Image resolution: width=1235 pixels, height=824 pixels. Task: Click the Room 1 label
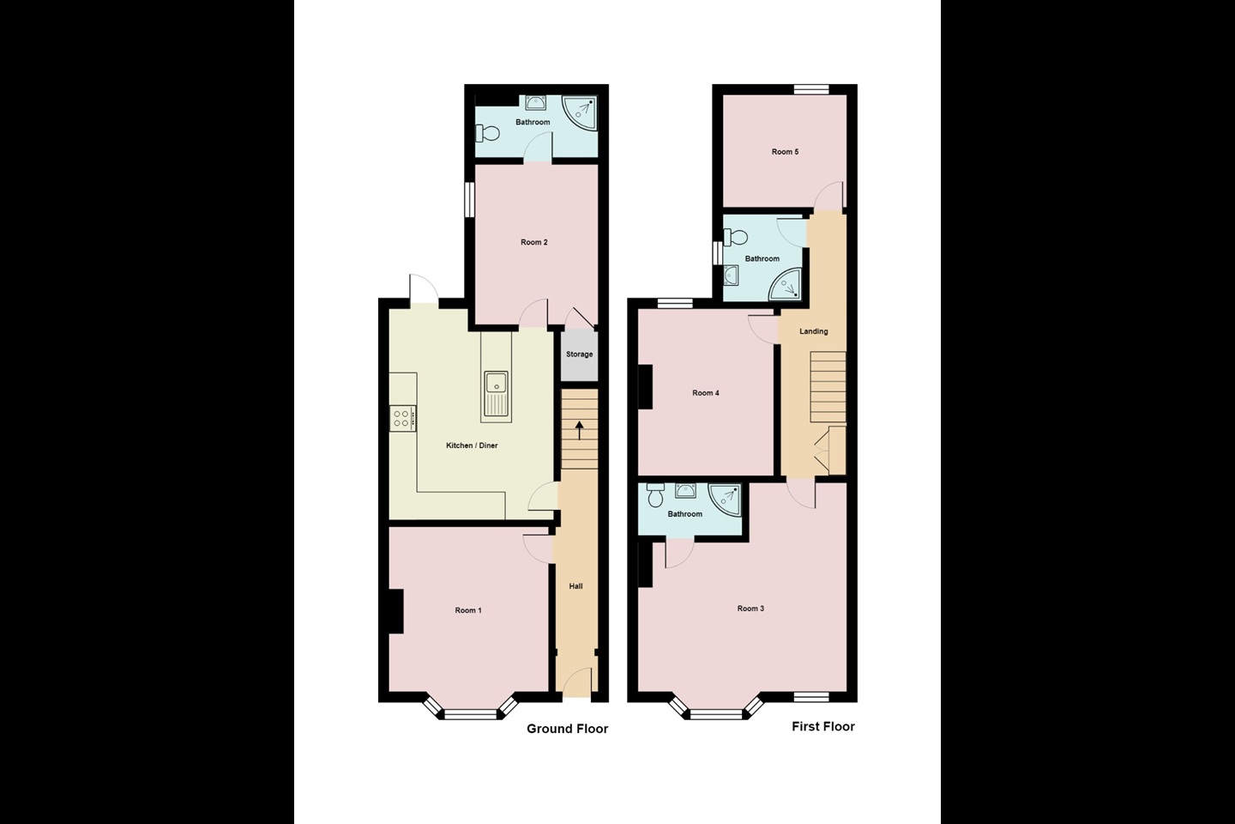click(x=468, y=610)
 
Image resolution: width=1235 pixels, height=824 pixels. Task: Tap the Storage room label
click(x=580, y=354)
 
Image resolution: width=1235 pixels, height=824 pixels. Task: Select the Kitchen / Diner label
click(x=472, y=445)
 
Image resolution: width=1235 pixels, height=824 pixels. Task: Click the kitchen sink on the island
click(x=497, y=393)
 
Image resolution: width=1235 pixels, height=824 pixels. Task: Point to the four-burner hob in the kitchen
click(x=402, y=418)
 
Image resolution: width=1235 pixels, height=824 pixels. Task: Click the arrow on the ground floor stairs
click(x=580, y=431)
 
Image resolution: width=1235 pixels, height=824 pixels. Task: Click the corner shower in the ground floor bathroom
click(x=580, y=113)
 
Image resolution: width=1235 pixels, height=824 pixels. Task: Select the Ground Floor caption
click(x=568, y=729)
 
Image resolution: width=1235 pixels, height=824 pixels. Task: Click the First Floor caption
click(x=823, y=726)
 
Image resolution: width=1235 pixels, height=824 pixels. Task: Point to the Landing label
click(x=814, y=331)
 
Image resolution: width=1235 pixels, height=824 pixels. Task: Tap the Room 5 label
click(x=785, y=152)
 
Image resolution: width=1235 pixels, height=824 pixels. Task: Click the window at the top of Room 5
click(x=811, y=89)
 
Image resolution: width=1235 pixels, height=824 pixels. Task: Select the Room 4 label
click(x=706, y=393)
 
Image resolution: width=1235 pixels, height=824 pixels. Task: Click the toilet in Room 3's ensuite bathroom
click(x=655, y=495)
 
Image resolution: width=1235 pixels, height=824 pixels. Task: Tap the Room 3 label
click(x=750, y=609)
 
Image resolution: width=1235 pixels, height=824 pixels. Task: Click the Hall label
click(x=575, y=586)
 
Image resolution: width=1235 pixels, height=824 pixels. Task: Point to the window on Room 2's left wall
click(x=469, y=199)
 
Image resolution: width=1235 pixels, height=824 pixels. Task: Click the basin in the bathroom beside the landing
click(x=731, y=276)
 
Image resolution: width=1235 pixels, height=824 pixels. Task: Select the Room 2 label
click(x=534, y=242)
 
